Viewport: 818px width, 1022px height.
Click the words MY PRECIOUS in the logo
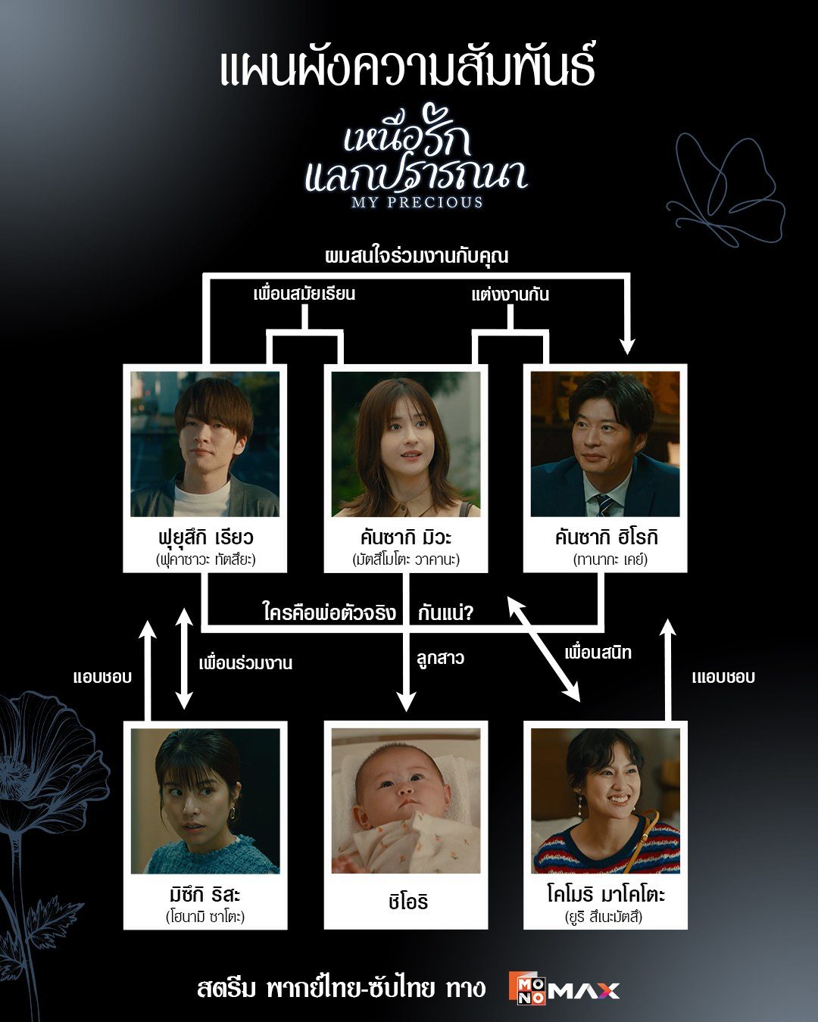(x=417, y=202)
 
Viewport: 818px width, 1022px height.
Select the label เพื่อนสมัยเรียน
(x=304, y=294)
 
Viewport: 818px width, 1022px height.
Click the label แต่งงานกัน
(x=510, y=294)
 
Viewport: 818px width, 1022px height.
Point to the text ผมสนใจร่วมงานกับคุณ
(x=416, y=256)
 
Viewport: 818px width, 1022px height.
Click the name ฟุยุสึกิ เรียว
(x=205, y=537)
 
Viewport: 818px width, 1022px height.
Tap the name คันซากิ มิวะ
(x=406, y=537)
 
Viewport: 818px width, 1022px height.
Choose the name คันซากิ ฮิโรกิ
(x=606, y=537)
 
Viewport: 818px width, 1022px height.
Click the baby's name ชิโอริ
(x=407, y=902)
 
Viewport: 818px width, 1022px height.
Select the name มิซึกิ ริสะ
(x=205, y=895)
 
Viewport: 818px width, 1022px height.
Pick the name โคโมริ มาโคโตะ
(x=606, y=895)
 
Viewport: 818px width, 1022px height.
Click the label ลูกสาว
(x=440, y=659)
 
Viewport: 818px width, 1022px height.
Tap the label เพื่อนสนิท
(x=598, y=653)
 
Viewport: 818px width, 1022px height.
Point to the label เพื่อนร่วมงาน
(x=245, y=663)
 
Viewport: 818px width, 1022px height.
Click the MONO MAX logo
(x=564, y=989)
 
